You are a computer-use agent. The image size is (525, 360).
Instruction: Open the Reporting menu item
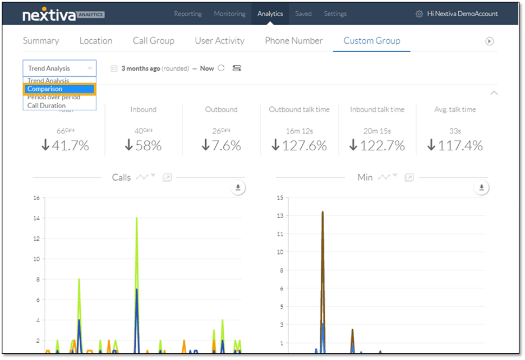188,14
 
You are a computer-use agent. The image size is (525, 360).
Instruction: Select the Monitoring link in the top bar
229,14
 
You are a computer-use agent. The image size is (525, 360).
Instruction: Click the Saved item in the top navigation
303,14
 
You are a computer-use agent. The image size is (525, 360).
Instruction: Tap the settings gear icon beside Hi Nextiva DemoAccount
419,14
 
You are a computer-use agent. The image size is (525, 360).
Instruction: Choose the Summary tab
41,41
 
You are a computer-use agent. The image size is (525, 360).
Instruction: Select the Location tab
96,41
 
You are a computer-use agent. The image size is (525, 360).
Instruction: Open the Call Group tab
153,41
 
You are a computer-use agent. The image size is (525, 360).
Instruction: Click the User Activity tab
219,41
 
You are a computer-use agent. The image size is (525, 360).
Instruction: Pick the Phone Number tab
293,41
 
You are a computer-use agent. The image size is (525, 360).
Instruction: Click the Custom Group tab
371,41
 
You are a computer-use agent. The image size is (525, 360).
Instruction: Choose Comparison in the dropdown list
59,89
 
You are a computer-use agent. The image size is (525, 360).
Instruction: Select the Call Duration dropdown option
47,105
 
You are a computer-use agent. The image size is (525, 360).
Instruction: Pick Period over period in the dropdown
54,98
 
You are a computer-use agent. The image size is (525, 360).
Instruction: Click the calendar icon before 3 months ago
114,68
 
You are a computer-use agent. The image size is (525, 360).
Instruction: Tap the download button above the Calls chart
238,188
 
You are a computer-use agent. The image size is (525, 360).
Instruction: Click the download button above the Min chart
481,188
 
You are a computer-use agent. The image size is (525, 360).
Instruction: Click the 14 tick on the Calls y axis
36,218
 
